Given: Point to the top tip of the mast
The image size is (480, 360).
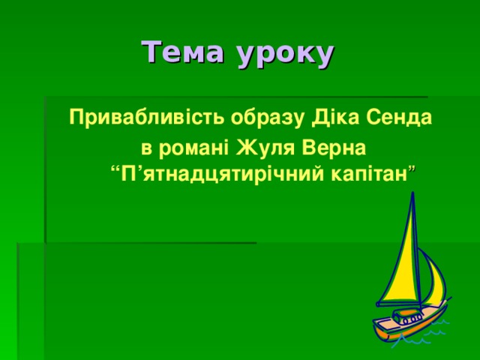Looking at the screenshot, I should (x=412, y=193).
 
